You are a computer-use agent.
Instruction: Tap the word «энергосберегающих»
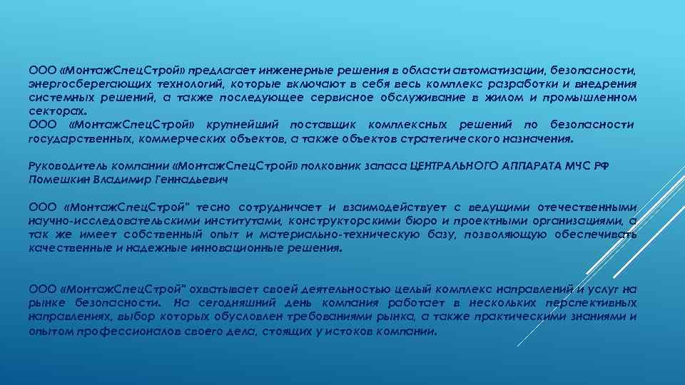(x=76, y=84)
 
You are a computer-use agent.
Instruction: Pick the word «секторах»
(x=55, y=111)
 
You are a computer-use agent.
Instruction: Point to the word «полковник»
(x=333, y=166)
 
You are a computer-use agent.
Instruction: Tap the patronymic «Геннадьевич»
(x=194, y=180)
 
